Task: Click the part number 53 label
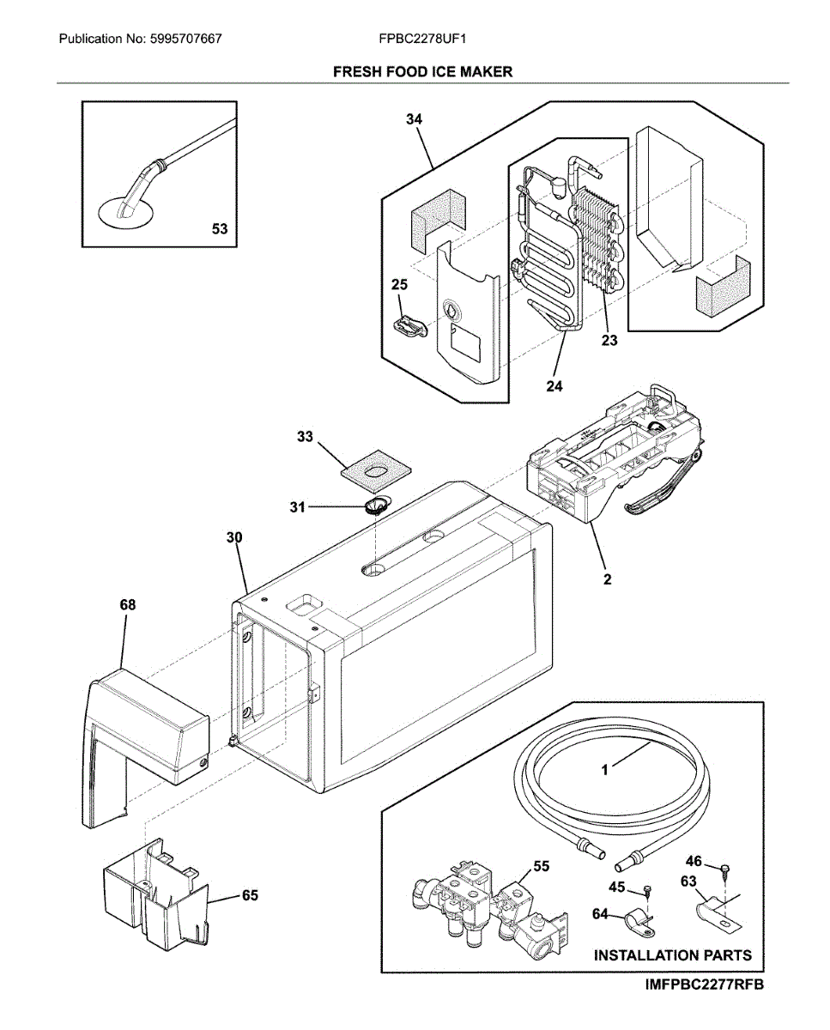(220, 228)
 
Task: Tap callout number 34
(415, 119)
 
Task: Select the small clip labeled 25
(410, 326)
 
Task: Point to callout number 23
(609, 340)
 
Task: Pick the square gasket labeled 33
(374, 470)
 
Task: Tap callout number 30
(234, 537)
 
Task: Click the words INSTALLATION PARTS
(672, 954)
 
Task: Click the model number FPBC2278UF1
(421, 39)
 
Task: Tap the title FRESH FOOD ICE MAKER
(422, 71)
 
